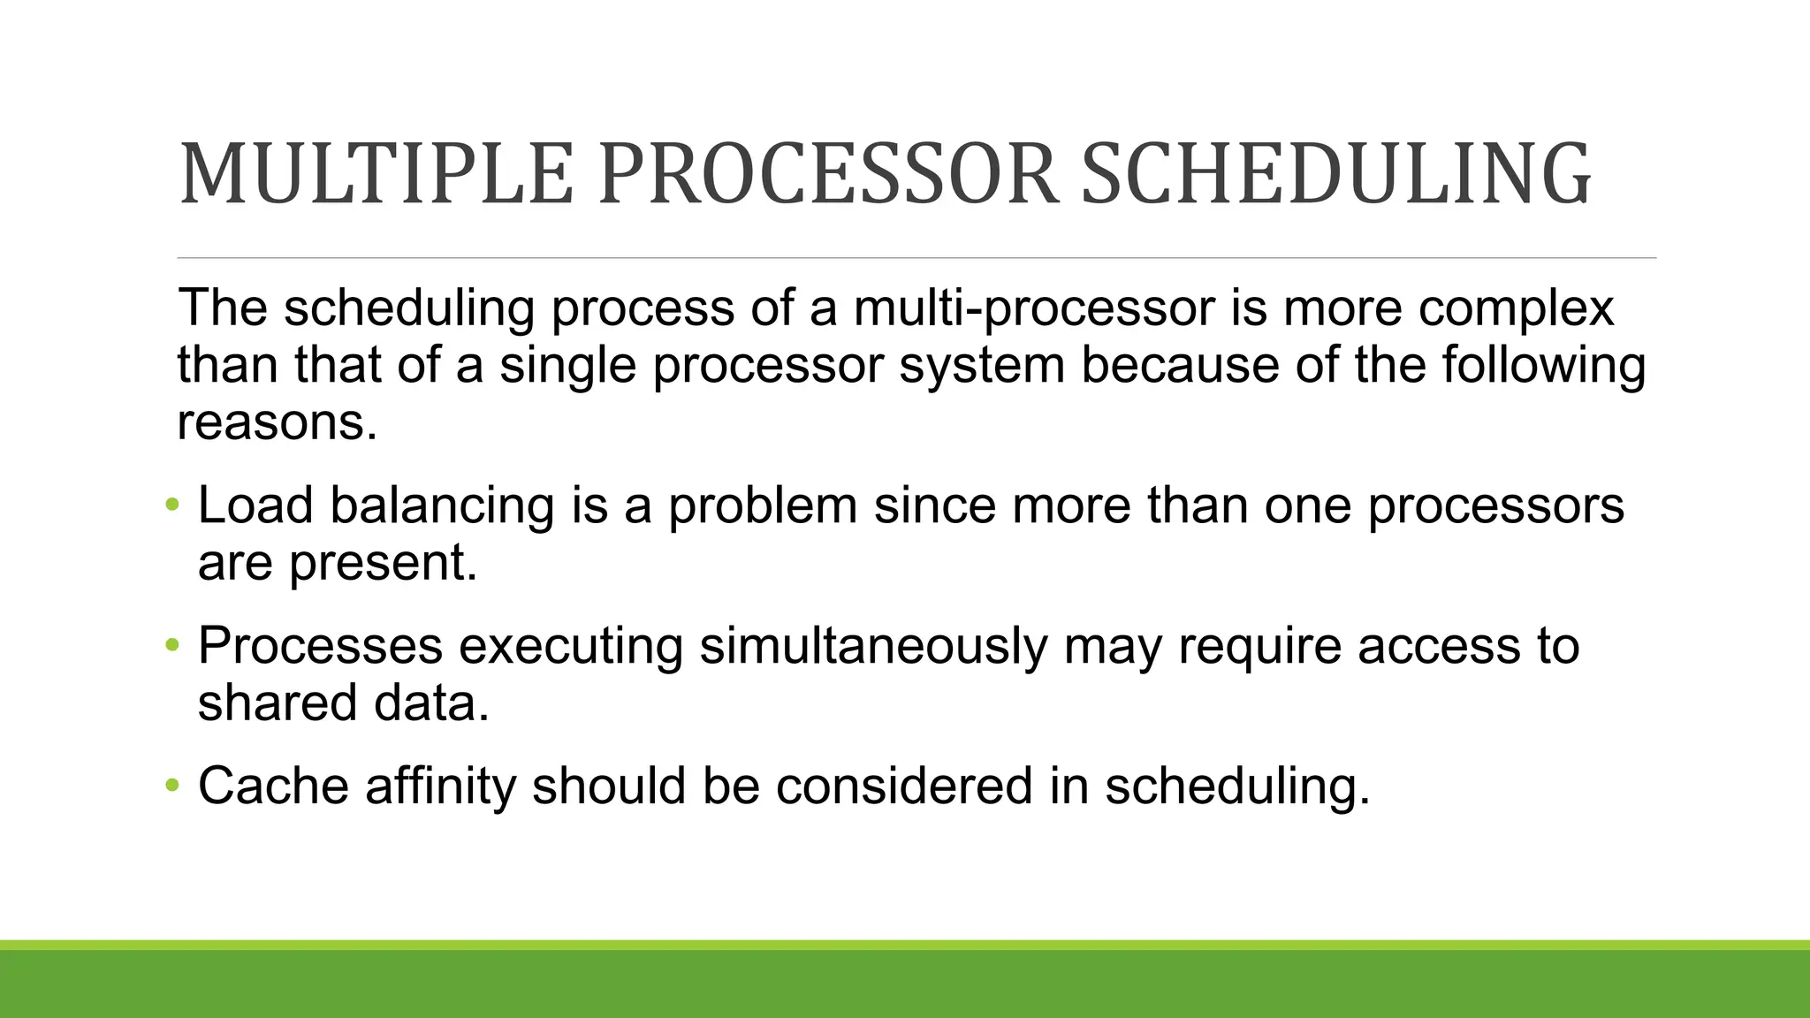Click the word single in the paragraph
pyautogui.click(x=567, y=366)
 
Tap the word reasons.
pyautogui.click(x=277, y=423)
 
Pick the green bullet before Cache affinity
pyautogui.click(x=172, y=786)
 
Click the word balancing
pyautogui.click(x=442, y=507)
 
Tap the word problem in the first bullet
pyautogui.click(x=762, y=507)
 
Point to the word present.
pyautogui.click(x=383, y=564)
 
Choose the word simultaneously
pyautogui.click(x=873, y=647)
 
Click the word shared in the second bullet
pyautogui.click(x=277, y=703)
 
